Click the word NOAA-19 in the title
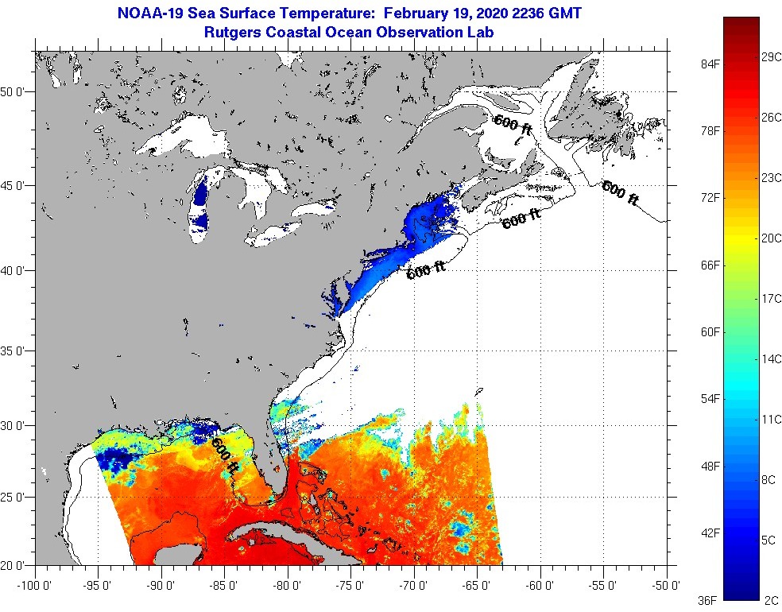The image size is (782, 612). (x=149, y=14)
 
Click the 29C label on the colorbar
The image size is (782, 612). (x=769, y=59)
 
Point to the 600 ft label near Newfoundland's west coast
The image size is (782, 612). (x=513, y=126)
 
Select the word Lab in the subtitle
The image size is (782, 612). (x=482, y=33)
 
